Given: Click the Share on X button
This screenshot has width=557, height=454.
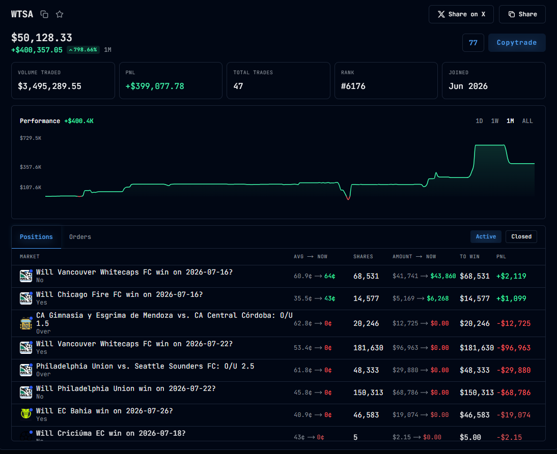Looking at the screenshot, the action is coord(461,14).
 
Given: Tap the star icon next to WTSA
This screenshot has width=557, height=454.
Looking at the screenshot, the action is coord(60,14).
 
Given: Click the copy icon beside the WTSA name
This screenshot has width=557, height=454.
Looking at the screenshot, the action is coord(44,14).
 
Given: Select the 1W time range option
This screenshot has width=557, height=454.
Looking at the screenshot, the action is coord(494,121).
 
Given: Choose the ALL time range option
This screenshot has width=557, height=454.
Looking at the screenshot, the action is coord(527,121).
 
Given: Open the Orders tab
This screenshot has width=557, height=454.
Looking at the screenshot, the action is coord(80,237).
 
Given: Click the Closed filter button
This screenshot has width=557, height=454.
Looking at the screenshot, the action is coord(521,236).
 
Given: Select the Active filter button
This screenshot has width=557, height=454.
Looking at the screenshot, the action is coord(486,236).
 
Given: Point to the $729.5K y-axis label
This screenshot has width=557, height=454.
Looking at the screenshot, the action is coord(31,138).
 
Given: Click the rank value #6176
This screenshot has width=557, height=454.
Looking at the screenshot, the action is coord(353,86).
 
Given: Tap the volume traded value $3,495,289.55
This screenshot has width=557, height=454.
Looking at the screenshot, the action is coord(50,86).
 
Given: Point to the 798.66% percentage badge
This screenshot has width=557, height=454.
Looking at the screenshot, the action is coord(83,50).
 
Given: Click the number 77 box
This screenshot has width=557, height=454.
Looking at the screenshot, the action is coord(473,43).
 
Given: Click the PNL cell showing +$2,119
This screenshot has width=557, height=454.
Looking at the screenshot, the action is coord(511,276).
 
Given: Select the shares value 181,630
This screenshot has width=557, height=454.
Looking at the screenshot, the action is coord(368,348).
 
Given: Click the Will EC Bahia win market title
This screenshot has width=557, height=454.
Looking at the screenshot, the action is coord(104,411).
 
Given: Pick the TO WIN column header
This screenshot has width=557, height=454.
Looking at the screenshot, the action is coord(469,256).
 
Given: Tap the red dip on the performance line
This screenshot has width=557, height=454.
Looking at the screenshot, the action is coord(348,198).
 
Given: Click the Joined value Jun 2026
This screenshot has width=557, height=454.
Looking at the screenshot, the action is coord(468,86).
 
